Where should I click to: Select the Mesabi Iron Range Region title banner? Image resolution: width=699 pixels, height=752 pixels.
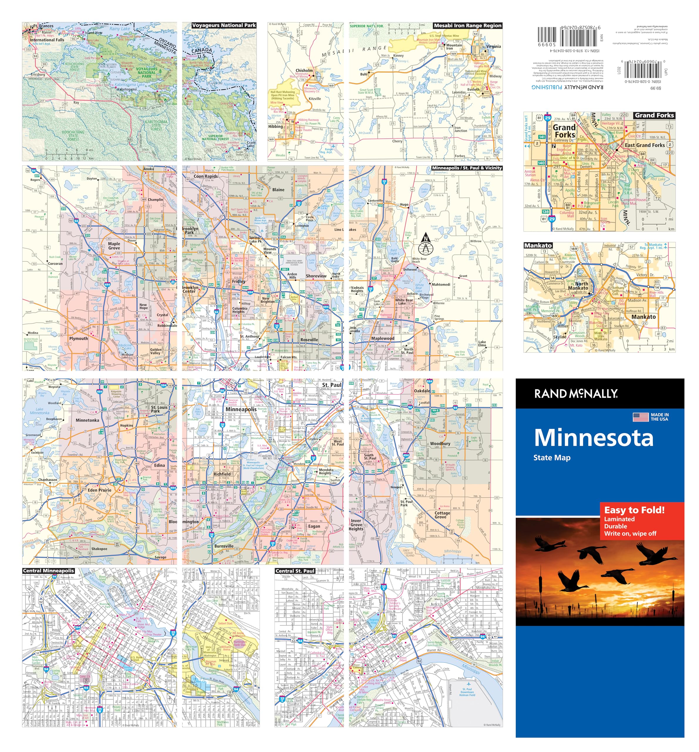tap(467, 26)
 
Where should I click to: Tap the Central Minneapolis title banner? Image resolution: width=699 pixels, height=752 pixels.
tap(48, 570)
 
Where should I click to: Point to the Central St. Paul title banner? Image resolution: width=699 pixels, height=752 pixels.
tap(295, 571)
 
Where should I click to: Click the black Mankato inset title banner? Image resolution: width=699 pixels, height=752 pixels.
tap(538, 246)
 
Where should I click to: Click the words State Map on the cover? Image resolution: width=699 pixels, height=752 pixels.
tap(552, 458)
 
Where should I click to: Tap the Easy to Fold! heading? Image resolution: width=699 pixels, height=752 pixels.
tap(634, 510)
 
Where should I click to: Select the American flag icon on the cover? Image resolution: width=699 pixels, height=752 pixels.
tap(640, 417)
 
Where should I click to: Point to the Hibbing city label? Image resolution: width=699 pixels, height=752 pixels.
tap(276, 126)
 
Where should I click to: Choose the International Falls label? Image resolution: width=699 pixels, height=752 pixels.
tap(47, 40)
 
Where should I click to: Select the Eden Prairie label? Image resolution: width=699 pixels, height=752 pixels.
tap(100, 490)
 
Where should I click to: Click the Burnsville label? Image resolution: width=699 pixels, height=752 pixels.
tap(224, 546)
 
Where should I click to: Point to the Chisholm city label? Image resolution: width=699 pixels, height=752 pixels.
tap(304, 70)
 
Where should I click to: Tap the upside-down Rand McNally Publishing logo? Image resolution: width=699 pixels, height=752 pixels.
tap(567, 87)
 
